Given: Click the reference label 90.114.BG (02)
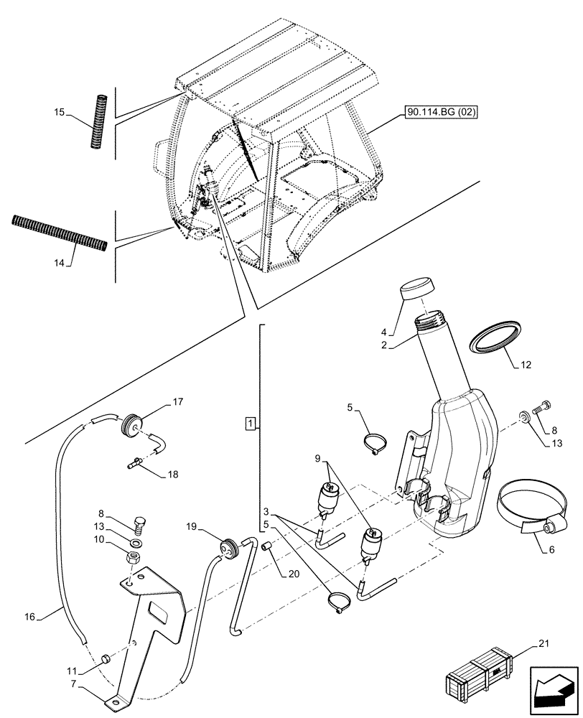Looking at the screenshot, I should pyautogui.click(x=441, y=113).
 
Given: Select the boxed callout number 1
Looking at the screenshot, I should pyautogui.click(x=249, y=423).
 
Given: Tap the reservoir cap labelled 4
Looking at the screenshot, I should pyautogui.click(x=415, y=289).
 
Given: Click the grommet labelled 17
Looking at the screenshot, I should pyautogui.click(x=132, y=424).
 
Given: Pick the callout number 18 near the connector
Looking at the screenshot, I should pyautogui.click(x=174, y=475).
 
